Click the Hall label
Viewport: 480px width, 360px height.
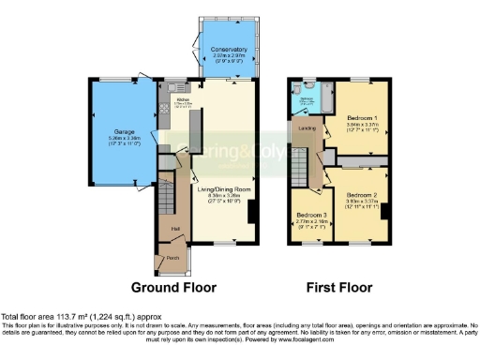coord(173,226)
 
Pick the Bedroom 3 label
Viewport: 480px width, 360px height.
coord(311,215)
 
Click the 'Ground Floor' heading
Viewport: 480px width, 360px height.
coord(172,287)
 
